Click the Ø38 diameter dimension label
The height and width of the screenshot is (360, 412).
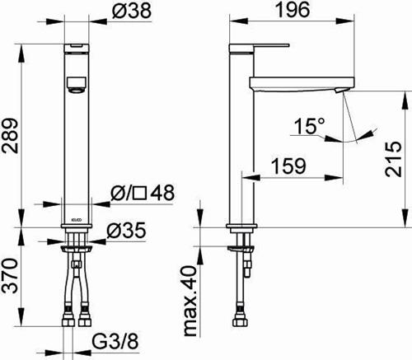click(132, 11)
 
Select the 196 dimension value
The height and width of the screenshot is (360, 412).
click(293, 10)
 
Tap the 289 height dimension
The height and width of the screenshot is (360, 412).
click(10, 136)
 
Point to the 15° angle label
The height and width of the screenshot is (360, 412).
click(309, 126)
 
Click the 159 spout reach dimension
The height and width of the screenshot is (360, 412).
click(288, 166)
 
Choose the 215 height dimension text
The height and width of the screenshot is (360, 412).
click(393, 159)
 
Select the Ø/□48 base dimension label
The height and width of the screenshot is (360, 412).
click(143, 193)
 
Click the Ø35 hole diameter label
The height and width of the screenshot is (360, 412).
click(126, 230)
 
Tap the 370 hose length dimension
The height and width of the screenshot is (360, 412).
click(10, 275)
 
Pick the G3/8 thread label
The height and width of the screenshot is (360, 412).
click(115, 341)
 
